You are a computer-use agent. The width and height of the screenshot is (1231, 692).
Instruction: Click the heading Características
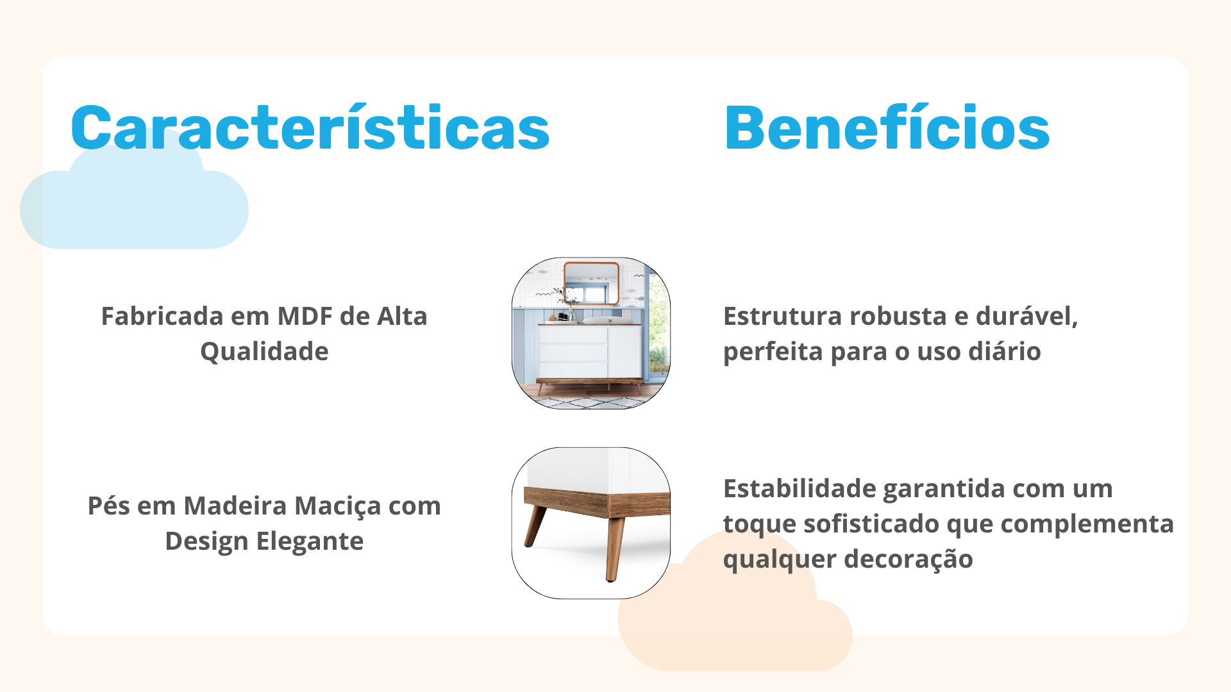(x=310, y=128)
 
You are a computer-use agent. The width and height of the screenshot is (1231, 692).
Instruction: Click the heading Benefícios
(x=887, y=128)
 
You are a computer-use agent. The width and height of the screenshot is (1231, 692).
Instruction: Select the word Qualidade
(x=264, y=352)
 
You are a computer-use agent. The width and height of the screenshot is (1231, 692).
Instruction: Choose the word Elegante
(x=310, y=542)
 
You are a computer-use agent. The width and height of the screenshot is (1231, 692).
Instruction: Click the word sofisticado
(x=871, y=523)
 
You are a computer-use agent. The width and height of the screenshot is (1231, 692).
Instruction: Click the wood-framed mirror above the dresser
(x=592, y=283)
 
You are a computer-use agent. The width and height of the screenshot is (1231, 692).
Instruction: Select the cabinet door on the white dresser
(x=624, y=352)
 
